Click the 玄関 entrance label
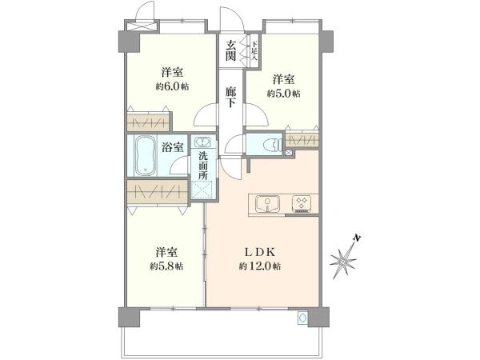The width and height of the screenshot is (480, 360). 231,51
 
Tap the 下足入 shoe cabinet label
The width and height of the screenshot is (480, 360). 254,51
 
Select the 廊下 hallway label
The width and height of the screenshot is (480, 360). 231,97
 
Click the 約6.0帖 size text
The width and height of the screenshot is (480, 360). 172,86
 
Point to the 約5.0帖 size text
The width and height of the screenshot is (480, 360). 283,94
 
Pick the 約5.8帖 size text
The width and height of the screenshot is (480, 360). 166,266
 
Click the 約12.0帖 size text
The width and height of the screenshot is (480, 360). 259,266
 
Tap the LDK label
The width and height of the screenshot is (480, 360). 259,252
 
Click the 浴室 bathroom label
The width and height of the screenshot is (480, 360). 173,147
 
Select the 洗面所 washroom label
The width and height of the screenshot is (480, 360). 202,166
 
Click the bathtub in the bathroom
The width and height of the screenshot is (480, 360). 146,156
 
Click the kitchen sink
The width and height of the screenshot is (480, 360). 268,203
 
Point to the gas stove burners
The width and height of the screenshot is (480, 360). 302,203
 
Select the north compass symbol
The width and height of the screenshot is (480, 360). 344,258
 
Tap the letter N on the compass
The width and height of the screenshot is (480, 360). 357,238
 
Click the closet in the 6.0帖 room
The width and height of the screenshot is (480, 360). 148,123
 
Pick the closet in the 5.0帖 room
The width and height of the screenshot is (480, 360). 302,140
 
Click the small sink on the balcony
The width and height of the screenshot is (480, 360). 302,318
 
